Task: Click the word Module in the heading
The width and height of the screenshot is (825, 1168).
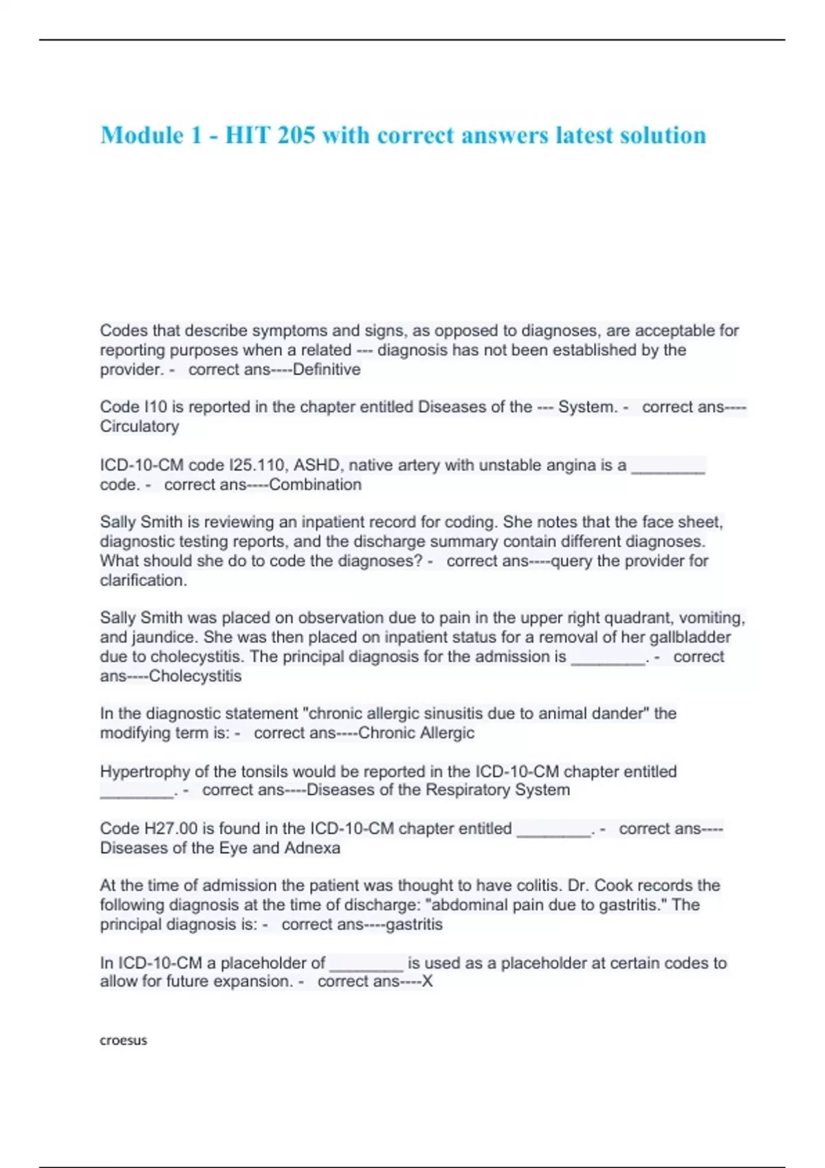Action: pos(142,135)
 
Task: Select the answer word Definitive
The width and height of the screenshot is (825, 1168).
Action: pos(327,370)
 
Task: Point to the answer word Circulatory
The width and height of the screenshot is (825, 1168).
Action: pos(140,427)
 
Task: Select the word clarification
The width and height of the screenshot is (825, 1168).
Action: pos(143,581)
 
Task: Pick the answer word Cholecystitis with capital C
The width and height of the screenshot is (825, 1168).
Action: pos(195,676)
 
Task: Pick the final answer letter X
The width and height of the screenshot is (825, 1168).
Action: pos(428,981)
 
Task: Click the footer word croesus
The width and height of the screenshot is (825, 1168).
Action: pos(124,1040)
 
